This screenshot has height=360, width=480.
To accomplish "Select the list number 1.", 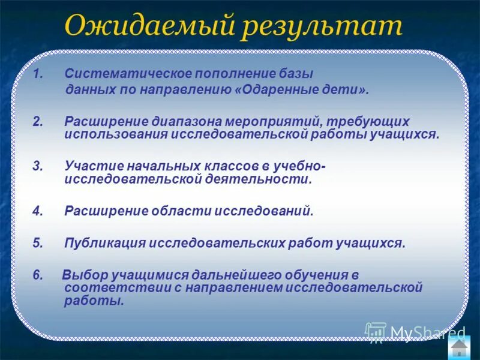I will click(37, 74).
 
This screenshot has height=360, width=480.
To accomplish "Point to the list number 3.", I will click(37, 165).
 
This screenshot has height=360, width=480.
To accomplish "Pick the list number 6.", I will click(38, 275).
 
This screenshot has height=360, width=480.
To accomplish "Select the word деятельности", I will click(262, 179).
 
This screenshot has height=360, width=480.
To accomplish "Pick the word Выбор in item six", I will click(82, 275).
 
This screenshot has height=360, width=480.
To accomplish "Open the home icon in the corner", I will click(459, 349).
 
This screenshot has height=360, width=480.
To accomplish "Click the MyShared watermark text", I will click(427, 332).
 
